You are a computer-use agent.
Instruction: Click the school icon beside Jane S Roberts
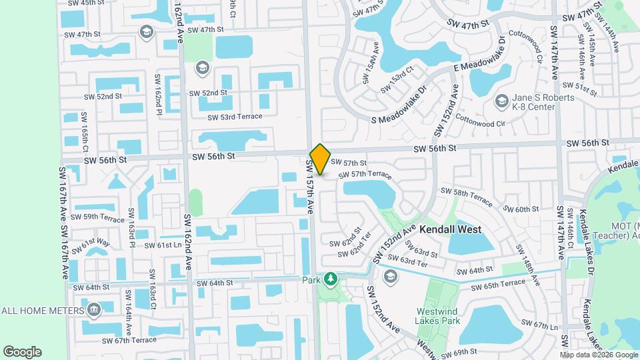tap(501, 101)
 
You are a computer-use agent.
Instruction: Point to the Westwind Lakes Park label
tap(438, 316)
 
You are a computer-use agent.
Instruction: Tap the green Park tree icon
tap(329, 279)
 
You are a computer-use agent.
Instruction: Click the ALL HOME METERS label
tap(43, 310)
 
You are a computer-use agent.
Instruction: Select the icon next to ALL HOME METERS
tap(93, 309)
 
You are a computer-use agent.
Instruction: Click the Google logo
tap(22, 351)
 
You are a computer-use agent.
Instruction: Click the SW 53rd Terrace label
tap(235, 117)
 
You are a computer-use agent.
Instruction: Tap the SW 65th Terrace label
tap(498, 285)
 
